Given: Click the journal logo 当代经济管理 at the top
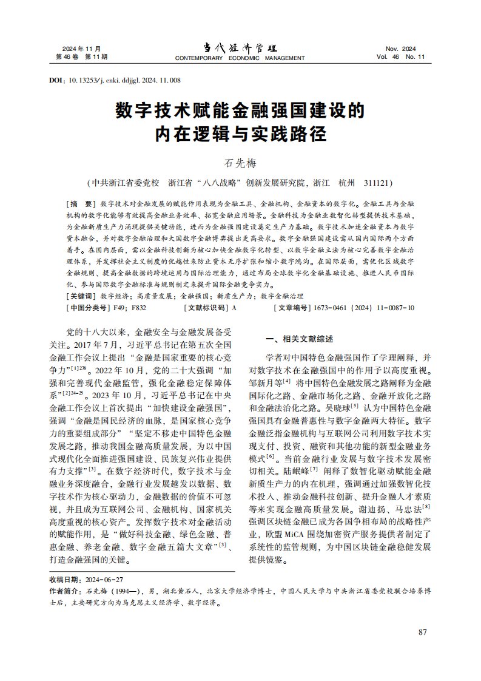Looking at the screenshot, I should (240, 48).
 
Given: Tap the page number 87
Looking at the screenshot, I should (423, 632).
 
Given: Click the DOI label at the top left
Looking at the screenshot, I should (56, 80).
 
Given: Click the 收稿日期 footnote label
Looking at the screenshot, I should (65, 580).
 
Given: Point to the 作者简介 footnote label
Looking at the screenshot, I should (65, 591).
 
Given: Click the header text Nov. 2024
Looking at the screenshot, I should (401, 49).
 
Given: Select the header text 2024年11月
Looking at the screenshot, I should (81, 49).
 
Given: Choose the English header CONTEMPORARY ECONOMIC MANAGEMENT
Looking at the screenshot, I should (240, 58).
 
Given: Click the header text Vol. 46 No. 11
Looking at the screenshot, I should (401, 57).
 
